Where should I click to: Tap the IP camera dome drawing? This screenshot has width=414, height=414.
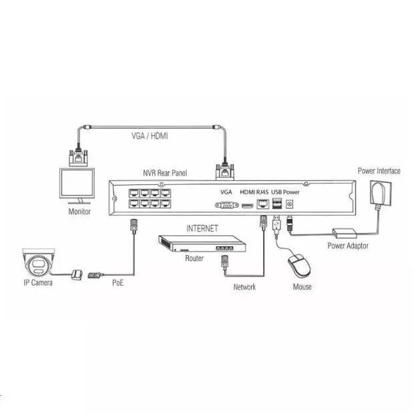39,262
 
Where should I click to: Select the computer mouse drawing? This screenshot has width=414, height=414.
299,266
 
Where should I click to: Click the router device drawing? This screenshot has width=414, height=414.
202,244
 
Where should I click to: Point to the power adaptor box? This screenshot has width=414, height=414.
345,234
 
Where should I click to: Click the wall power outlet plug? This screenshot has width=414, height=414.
381,192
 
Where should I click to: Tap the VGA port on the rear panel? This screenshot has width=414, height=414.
227,205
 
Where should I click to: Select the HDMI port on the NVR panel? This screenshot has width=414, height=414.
247,206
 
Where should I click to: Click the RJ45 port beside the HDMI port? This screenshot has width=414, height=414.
263,204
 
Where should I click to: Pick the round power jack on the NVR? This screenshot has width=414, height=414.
290,204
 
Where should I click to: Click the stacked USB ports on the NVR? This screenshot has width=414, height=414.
277,204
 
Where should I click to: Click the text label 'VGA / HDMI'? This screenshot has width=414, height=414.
150,136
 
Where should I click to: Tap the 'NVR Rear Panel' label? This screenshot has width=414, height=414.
165,173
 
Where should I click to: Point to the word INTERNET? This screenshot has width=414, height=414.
202,228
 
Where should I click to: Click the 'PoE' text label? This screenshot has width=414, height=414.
118,282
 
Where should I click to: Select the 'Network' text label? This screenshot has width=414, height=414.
244,286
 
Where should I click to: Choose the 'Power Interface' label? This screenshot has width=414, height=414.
379,171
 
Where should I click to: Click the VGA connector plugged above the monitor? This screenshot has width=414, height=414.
78,158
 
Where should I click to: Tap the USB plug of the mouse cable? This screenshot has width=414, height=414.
276,224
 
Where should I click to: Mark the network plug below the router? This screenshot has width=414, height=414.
224,262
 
